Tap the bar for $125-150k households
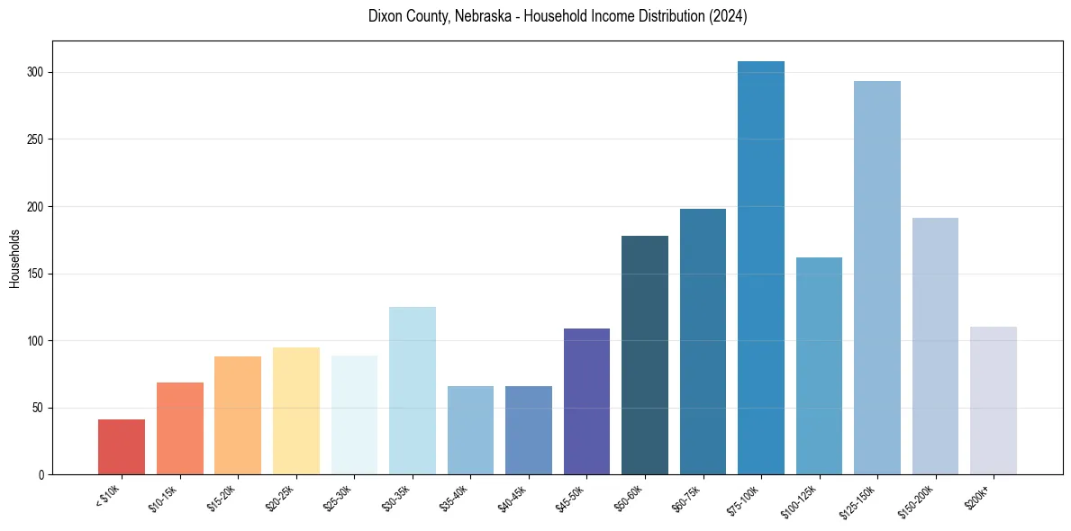pyautogui.click(x=877, y=278)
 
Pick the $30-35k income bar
pyautogui.click(x=413, y=391)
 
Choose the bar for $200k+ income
pyautogui.click(x=994, y=400)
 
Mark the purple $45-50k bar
pyautogui.click(x=586, y=401)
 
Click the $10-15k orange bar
pyautogui.click(x=180, y=428)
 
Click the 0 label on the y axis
pyautogui.click(x=41, y=474)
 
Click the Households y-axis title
pyautogui.click(x=14, y=257)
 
